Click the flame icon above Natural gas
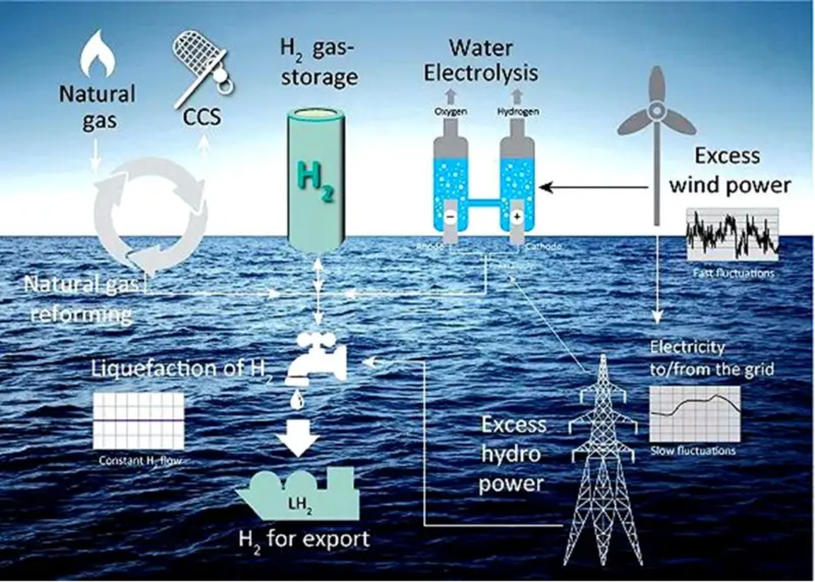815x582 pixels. (x=98, y=57)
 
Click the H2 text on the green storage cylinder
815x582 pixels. (x=316, y=180)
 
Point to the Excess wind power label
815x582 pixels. (x=729, y=170)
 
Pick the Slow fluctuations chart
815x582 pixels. (x=694, y=414)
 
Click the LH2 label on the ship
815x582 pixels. (x=299, y=504)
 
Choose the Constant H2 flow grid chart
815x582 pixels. (x=139, y=421)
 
